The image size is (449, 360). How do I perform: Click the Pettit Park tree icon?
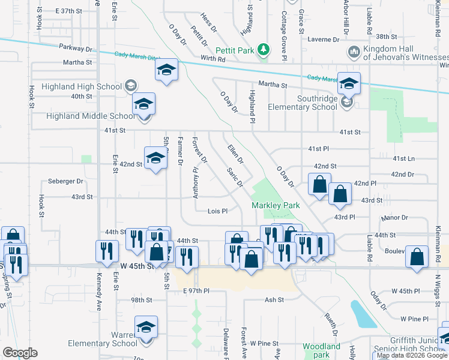click(x=263, y=49)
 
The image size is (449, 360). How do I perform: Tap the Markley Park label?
click(x=275, y=205)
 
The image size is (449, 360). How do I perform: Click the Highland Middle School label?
click(x=90, y=116)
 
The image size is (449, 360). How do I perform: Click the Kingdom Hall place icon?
click(x=354, y=52)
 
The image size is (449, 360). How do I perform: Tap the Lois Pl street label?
click(x=217, y=211)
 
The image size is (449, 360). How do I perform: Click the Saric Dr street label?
click(x=235, y=176)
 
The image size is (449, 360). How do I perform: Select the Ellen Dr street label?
click(x=235, y=154)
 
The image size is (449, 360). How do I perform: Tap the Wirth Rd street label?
click(x=213, y=59)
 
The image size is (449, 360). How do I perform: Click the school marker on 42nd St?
click(x=155, y=159)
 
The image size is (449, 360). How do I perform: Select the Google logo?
click(x=19, y=353)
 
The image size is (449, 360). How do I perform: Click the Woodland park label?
click(x=321, y=350)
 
